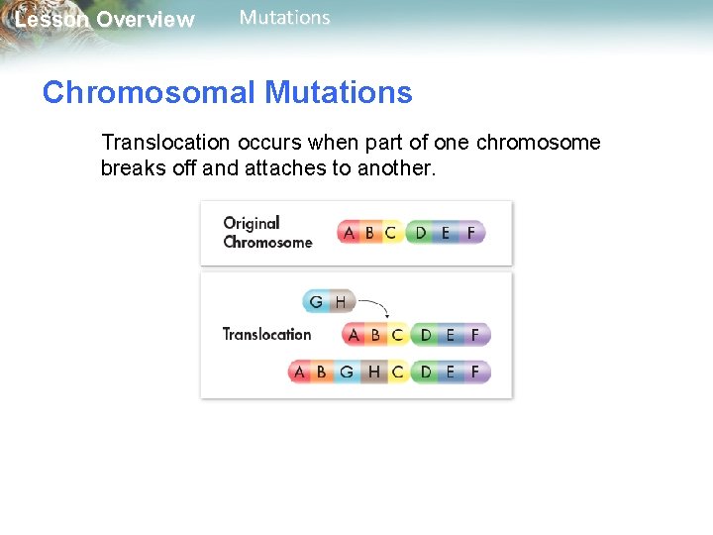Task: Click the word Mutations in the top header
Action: tap(285, 18)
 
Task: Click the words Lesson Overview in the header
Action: tap(104, 20)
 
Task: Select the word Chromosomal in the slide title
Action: tap(150, 93)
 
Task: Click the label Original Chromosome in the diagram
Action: tap(267, 233)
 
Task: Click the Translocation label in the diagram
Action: tap(266, 334)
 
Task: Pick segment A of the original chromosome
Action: tap(348, 233)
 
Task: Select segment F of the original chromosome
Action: tap(470, 233)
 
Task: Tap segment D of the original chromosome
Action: tap(421, 233)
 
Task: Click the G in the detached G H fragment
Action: tap(316, 301)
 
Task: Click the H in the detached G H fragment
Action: tap(340, 301)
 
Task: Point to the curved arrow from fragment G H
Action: tap(374, 301)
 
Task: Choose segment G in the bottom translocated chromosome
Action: tap(346, 373)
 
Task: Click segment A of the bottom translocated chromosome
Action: tap(299, 373)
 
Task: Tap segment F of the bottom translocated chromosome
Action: tap(475, 373)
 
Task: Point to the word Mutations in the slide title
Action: tap(339, 93)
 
